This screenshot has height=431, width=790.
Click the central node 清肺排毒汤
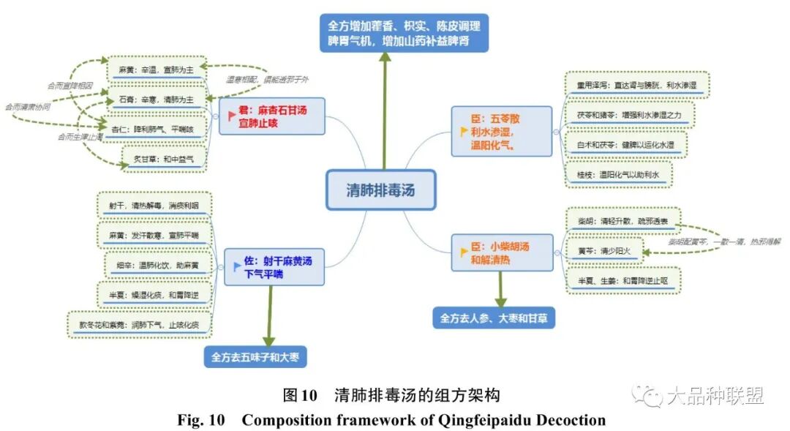pos(380,190)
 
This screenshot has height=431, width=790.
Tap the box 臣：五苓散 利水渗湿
pos(500,131)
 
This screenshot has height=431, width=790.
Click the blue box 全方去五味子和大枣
pos(255,357)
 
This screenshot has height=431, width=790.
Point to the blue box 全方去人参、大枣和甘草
pos(494,318)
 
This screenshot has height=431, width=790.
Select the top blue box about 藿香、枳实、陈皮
pos(404,33)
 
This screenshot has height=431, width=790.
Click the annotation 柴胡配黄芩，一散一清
pos(723,241)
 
